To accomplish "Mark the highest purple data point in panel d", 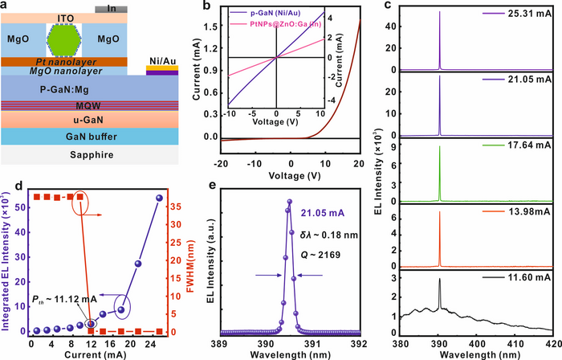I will coord(159,198).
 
